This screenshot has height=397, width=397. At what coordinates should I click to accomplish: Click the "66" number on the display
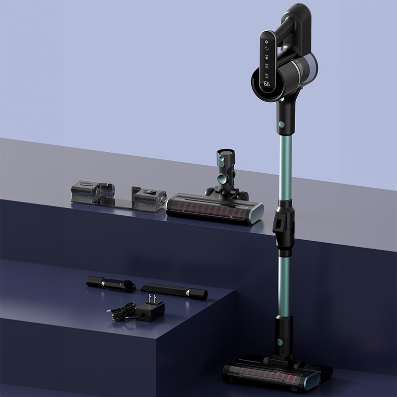[x=267, y=84]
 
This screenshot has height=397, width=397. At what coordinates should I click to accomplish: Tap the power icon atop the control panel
[x=266, y=43]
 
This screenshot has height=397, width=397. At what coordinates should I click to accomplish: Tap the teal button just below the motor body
[x=281, y=124]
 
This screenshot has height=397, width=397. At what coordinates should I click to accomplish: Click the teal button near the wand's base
[x=280, y=342]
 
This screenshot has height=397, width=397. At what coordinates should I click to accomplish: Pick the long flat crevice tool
[x=174, y=291]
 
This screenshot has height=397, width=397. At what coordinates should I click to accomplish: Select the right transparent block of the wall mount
[x=148, y=198]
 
